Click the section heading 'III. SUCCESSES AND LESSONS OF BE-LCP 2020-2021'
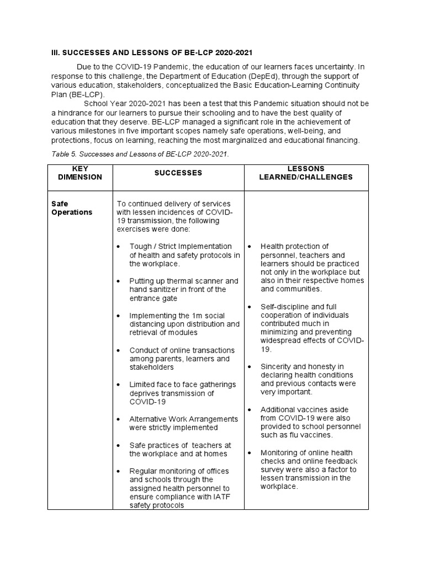coord(152,52)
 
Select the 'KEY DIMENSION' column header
coord(80,173)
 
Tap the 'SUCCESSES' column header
coord(178,173)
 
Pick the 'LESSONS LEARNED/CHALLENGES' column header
coord(306,173)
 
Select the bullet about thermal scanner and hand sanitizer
coord(184,290)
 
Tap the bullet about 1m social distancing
coord(184,324)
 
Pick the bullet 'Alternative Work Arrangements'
coord(183,423)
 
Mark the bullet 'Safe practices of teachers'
coord(180,449)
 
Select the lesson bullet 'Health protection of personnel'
coord(312,268)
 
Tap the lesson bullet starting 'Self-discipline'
coord(312,328)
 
